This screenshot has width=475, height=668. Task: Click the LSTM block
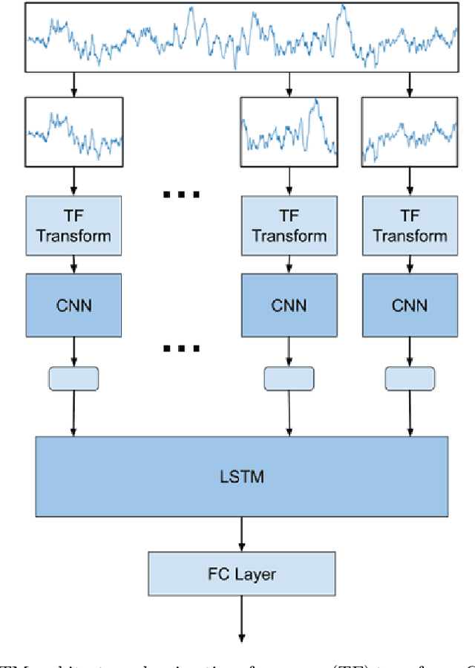point(241,476)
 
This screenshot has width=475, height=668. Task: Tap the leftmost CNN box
point(73,305)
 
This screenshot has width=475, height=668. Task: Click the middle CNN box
point(289,305)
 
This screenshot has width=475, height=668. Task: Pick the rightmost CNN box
point(409,305)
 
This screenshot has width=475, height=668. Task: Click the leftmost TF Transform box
point(73,225)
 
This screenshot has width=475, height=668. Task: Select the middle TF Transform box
point(289,225)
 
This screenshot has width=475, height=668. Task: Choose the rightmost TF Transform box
point(409,225)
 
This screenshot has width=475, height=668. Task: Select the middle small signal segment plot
point(289,132)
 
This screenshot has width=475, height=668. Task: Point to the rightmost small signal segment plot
point(409,132)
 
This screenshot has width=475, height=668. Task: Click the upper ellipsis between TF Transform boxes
point(181,195)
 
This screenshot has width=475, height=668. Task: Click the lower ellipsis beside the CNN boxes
point(181,348)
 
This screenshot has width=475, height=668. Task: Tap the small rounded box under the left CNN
point(73,378)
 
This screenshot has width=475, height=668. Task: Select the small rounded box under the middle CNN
point(289,378)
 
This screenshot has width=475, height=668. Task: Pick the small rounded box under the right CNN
point(409,378)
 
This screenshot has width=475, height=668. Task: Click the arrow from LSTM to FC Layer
point(241,534)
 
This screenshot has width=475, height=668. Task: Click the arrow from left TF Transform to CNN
point(73,263)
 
